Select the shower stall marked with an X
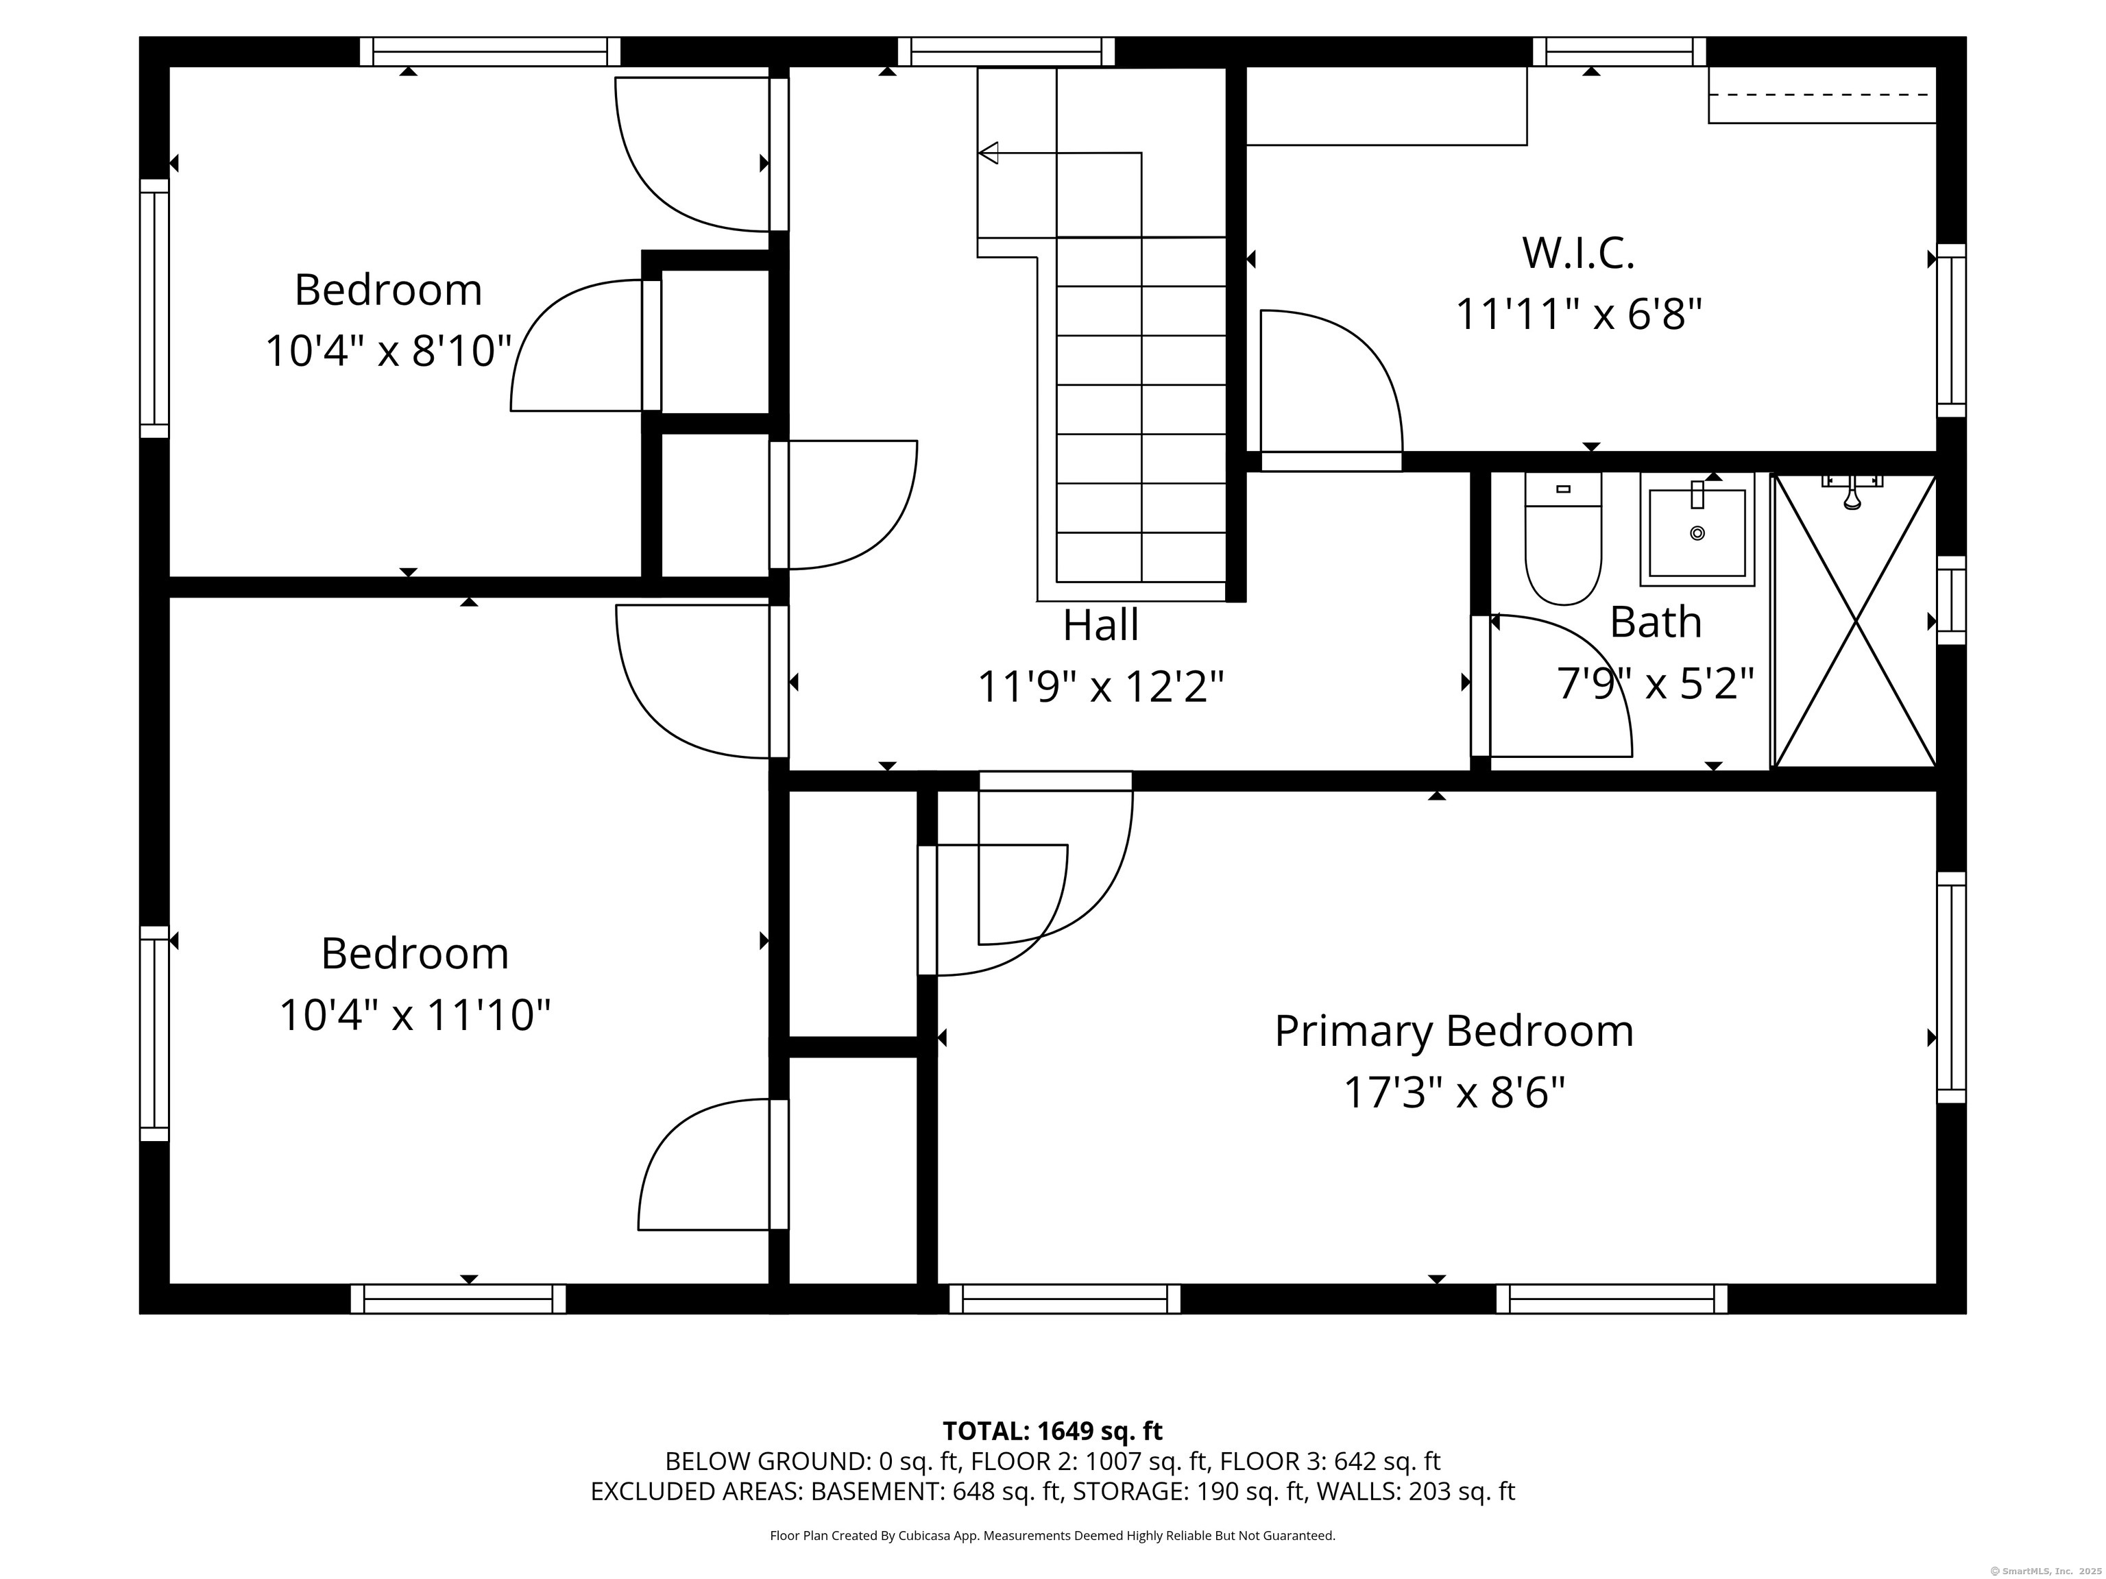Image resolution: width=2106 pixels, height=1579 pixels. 1854,620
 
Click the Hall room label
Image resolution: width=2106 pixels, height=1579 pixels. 1100,625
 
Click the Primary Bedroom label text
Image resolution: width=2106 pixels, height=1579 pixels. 1454,1031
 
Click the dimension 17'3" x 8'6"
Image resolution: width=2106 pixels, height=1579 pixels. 1454,1092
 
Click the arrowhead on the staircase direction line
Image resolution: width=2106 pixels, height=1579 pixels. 989,152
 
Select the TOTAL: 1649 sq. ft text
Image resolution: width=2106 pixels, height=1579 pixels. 1052,1430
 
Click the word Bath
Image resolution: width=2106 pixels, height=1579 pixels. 1656,622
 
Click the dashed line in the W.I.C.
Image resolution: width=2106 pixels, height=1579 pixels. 1820,94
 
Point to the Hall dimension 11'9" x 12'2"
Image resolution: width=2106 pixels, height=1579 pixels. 1100,686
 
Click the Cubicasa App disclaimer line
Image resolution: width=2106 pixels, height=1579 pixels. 1052,1535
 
